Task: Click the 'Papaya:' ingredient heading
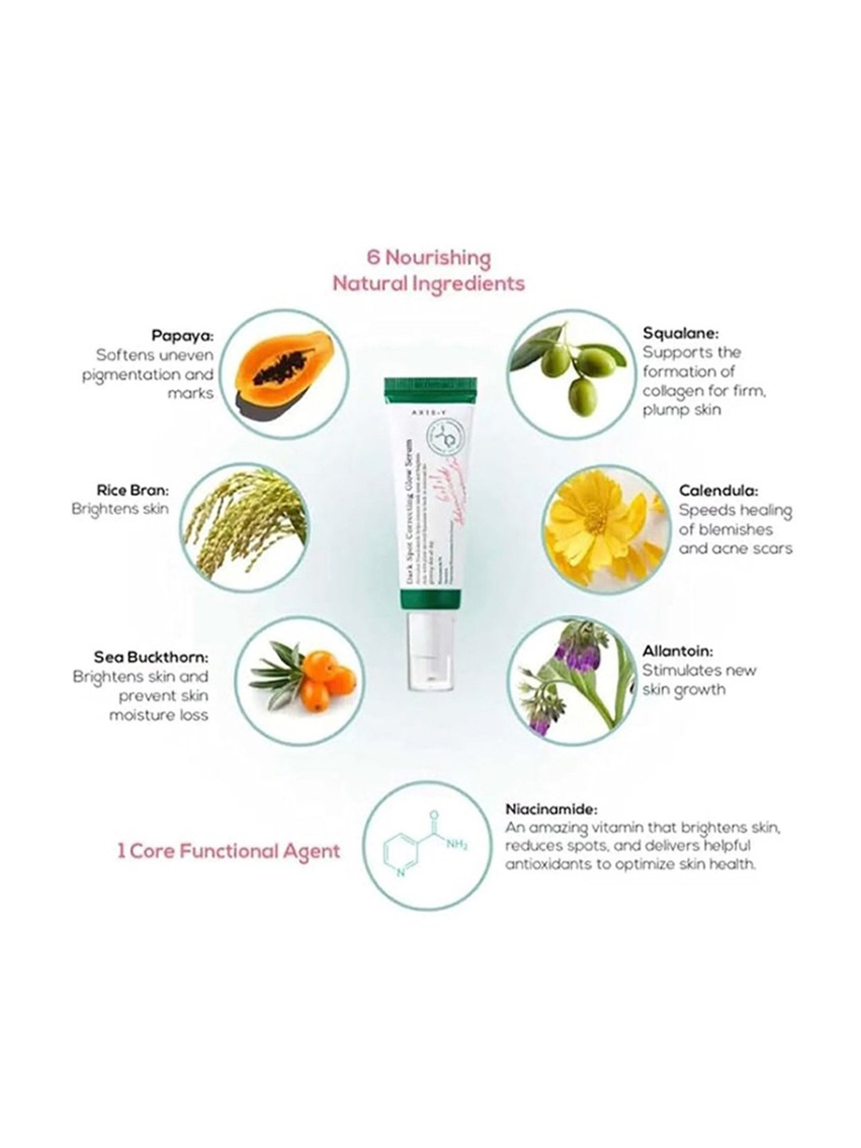[x=182, y=336]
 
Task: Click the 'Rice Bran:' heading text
[x=133, y=491]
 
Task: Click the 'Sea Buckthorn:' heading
[x=151, y=657]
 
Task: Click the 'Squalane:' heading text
[x=680, y=333]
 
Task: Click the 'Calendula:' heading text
[x=718, y=491]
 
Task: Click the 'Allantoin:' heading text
[x=677, y=651]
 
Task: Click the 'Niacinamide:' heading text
[x=551, y=809]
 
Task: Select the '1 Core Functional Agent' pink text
[x=228, y=851]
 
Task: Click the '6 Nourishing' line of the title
[x=429, y=258]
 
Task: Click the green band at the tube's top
[x=430, y=388]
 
